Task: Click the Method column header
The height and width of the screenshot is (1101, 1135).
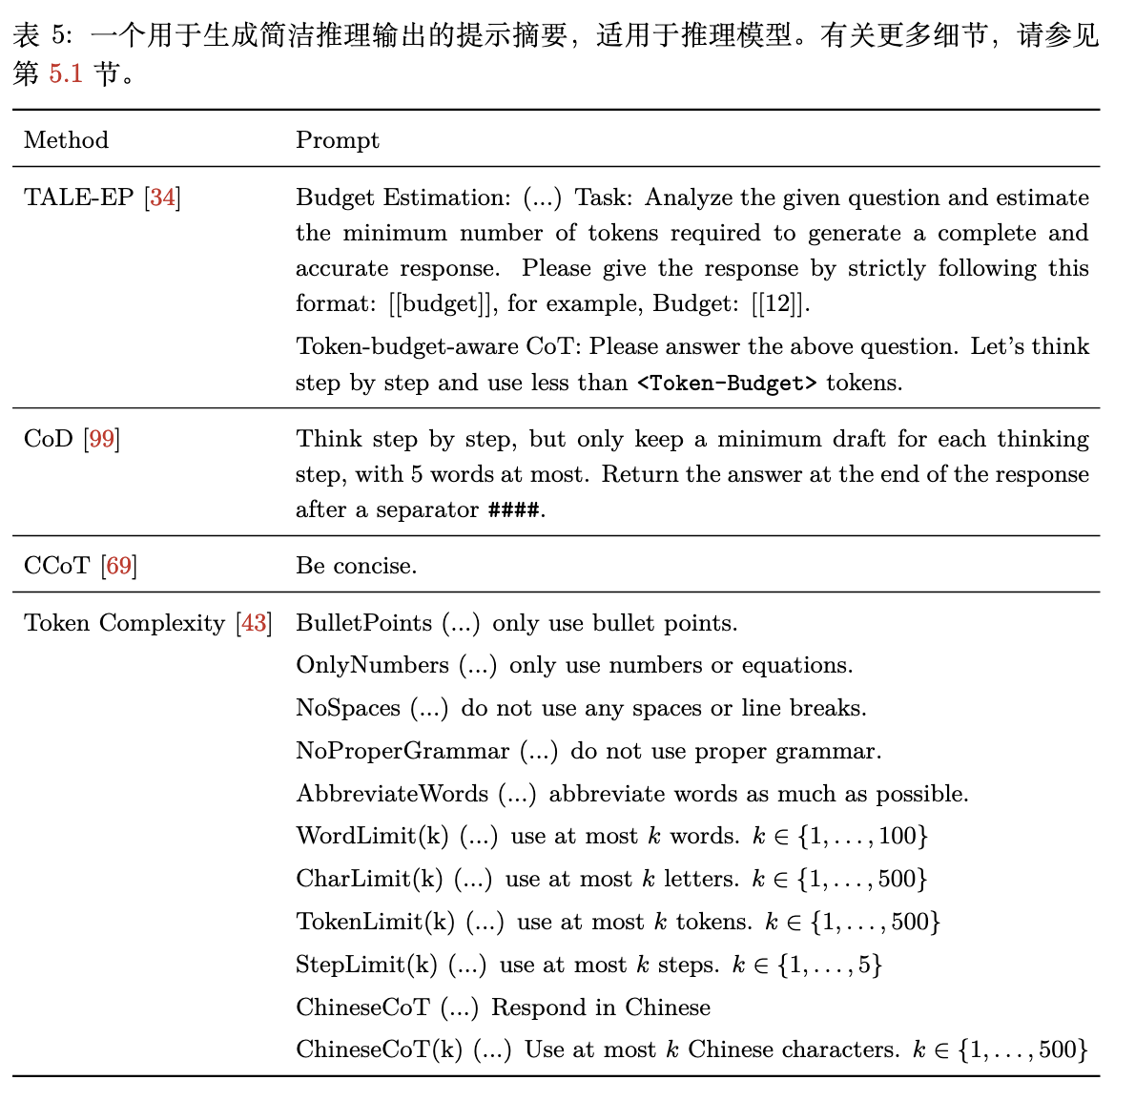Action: [66, 140]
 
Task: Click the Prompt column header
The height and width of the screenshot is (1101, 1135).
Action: [337, 140]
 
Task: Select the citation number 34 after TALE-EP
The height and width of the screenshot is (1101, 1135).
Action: [163, 197]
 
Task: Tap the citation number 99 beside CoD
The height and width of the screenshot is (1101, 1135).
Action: [102, 439]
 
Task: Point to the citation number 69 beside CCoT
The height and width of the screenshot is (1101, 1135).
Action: [119, 566]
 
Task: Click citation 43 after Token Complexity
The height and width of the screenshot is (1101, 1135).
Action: [254, 623]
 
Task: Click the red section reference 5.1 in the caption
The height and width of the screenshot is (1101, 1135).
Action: [66, 73]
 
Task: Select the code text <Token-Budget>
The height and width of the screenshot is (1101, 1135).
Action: [727, 384]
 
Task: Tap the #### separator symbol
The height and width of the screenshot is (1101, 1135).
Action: [514, 510]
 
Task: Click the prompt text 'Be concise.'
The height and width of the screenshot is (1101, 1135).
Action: [356, 566]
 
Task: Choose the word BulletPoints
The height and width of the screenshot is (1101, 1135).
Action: [363, 623]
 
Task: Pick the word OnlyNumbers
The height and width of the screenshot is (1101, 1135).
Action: [372, 665]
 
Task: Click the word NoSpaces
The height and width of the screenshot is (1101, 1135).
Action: [347, 708]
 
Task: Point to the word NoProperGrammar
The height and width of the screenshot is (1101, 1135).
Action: [402, 751]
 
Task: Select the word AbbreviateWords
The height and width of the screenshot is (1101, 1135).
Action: [392, 794]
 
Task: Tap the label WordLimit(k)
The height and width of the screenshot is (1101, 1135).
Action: [372, 837]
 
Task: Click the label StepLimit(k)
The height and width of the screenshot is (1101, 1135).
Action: [366, 965]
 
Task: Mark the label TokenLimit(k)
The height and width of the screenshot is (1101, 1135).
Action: [375, 922]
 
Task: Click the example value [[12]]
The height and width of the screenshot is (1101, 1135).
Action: [779, 304]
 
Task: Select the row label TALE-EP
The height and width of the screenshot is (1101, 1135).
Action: [78, 197]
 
